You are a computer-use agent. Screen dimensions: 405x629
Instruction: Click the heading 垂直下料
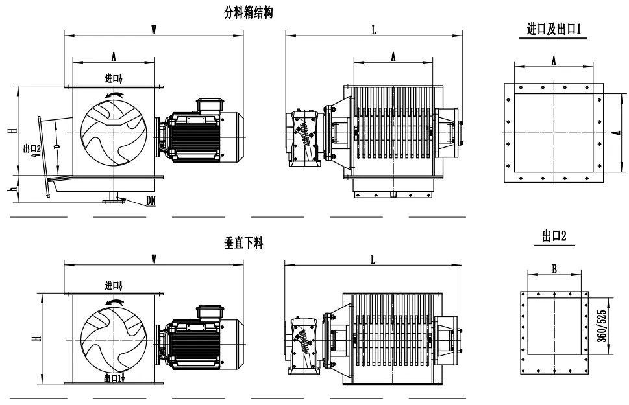[x=243, y=244]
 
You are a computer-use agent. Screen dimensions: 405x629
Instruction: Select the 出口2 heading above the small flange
[x=554, y=237]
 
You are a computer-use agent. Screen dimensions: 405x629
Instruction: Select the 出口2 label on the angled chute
[x=32, y=150]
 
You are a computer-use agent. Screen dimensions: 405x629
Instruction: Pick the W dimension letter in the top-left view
[x=154, y=29]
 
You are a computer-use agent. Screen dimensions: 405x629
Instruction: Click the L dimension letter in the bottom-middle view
[x=373, y=259]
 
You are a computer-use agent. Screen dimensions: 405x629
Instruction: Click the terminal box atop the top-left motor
[x=210, y=104]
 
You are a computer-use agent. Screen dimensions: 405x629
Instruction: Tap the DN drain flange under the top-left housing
[x=115, y=198]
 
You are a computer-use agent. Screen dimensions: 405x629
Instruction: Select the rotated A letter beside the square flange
[x=613, y=134]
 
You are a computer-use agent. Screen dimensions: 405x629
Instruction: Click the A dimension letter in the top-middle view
[x=393, y=57]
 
